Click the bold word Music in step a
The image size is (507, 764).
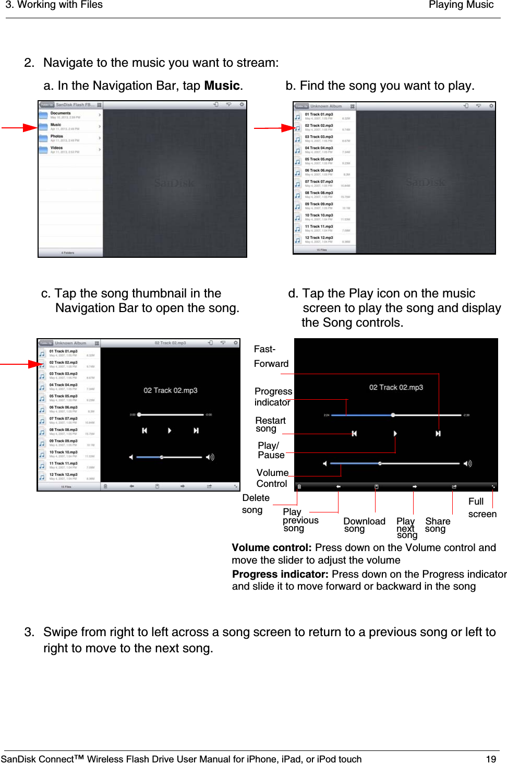click(x=222, y=86)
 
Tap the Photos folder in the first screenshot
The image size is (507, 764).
click(x=57, y=137)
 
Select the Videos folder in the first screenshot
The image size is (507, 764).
click(x=57, y=149)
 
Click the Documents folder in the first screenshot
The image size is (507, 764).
click(x=61, y=114)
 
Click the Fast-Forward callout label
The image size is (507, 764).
click(x=271, y=356)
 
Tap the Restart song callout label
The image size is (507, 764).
click(x=270, y=424)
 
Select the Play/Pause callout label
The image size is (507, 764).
click(x=271, y=450)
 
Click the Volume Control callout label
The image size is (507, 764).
click(x=272, y=478)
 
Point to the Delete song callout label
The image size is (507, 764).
click(x=256, y=504)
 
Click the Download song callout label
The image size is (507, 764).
click(x=364, y=524)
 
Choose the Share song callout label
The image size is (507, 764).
click(x=437, y=524)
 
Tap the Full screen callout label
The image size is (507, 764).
click(x=482, y=507)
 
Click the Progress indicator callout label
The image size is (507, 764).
click(x=273, y=397)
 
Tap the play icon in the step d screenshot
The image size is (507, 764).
click(x=395, y=434)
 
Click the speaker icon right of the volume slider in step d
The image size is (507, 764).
click(x=468, y=463)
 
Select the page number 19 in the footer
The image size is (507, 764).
click(x=491, y=759)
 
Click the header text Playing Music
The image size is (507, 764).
click(x=461, y=5)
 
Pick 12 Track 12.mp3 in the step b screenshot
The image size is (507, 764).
click(x=319, y=238)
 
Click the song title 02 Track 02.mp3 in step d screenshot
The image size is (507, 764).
click(x=396, y=387)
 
